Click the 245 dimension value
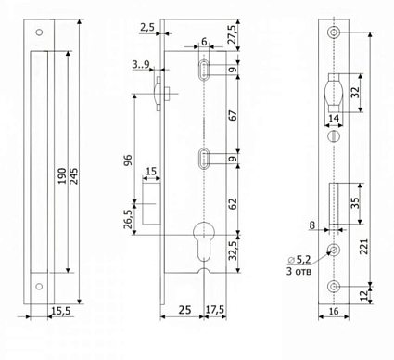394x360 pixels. point(74,176)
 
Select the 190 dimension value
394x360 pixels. point(62,176)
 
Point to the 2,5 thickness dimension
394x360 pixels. point(147,27)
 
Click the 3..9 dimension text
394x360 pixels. point(141,65)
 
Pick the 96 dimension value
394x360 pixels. point(128,160)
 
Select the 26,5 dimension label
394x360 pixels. point(128,219)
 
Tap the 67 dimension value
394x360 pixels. point(234,115)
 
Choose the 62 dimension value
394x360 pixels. point(234,203)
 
